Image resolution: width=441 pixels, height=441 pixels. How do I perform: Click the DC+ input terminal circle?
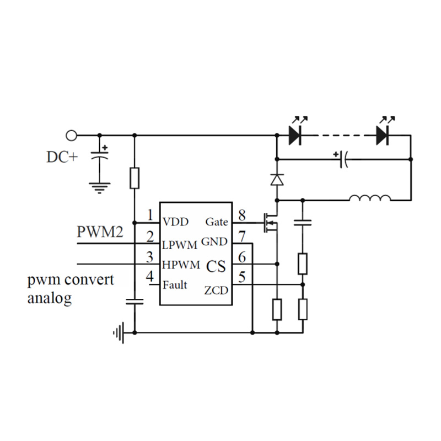pyautogui.click(x=71, y=135)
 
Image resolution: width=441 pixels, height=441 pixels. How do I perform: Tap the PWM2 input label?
pyautogui.click(x=99, y=232)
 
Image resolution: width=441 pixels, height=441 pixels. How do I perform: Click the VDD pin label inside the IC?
pyautogui.click(x=176, y=222)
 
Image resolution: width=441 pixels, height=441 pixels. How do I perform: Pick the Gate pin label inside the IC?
pyautogui.click(x=216, y=222)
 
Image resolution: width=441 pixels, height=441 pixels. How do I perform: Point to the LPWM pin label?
pyautogui.click(x=180, y=244)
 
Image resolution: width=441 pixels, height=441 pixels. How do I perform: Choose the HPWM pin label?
pyautogui.click(x=181, y=265)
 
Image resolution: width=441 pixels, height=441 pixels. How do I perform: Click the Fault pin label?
pyautogui.click(x=175, y=285)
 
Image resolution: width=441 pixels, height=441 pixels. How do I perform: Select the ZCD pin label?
pyautogui.click(x=216, y=290)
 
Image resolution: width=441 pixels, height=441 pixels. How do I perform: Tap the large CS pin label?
pyautogui.click(x=216, y=266)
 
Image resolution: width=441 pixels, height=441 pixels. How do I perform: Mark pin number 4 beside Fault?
pyautogui.click(x=149, y=277)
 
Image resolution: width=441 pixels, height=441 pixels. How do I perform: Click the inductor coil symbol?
pyautogui.click(x=370, y=198)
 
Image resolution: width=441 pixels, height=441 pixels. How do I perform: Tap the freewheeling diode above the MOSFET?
pyautogui.click(x=277, y=179)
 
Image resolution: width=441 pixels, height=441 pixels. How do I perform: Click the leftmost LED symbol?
pyautogui.click(x=295, y=134)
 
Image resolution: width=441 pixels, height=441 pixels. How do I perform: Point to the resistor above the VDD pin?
pyautogui.click(x=134, y=178)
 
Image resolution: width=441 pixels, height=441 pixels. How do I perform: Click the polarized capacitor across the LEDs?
pyautogui.click(x=343, y=159)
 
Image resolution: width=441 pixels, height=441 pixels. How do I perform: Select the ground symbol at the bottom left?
pyautogui.click(x=118, y=332)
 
